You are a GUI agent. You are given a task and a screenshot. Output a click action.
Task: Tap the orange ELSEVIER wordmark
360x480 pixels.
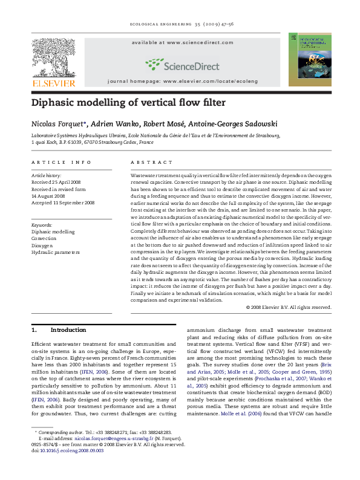(x=54, y=83)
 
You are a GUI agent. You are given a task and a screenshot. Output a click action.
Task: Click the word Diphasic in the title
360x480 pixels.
(x=56, y=103)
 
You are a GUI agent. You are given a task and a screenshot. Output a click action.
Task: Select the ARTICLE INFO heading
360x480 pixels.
(x=62, y=163)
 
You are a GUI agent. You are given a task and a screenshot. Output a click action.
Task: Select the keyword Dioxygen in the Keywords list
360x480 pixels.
(x=43, y=246)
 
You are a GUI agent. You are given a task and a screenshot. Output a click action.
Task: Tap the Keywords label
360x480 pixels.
(x=42, y=224)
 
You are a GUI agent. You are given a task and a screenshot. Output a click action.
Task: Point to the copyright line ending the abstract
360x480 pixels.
(x=289, y=307)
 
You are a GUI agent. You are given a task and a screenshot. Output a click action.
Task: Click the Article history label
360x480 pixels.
(x=46, y=174)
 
